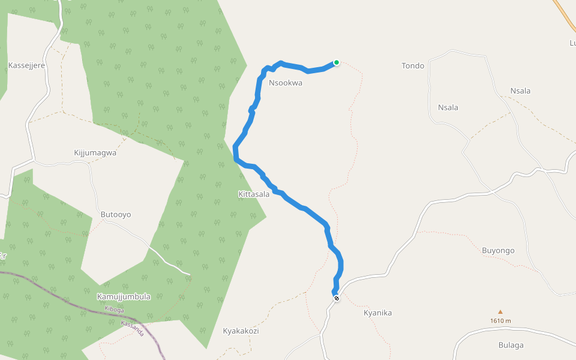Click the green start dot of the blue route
(337, 62)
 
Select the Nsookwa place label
(286, 83)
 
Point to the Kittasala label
(254, 194)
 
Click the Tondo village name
(413, 66)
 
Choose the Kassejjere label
(27, 65)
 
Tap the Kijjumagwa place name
(95, 152)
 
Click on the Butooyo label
(116, 214)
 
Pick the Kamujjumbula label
(124, 296)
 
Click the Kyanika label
(378, 313)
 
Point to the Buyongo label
(498, 250)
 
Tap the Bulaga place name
(511, 345)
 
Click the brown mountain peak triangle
(500, 312)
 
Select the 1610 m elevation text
(500, 320)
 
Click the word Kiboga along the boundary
(114, 310)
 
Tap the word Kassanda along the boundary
(133, 328)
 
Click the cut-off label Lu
(572, 43)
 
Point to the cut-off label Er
(2, 256)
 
